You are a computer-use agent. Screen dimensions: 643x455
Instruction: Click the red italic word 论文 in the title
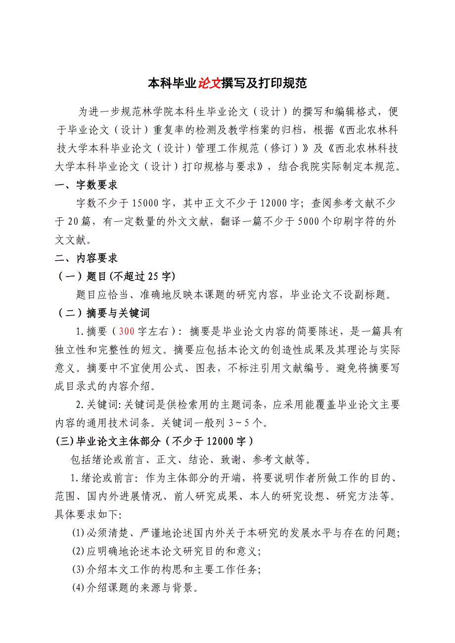(209, 83)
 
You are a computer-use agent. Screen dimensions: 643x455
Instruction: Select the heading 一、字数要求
(86, 185)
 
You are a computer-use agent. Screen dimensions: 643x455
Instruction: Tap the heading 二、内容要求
(86, 258)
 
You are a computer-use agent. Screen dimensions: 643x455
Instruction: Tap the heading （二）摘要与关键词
(103, 313)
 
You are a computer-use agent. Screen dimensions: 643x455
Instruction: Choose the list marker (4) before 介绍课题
(79, 588)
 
